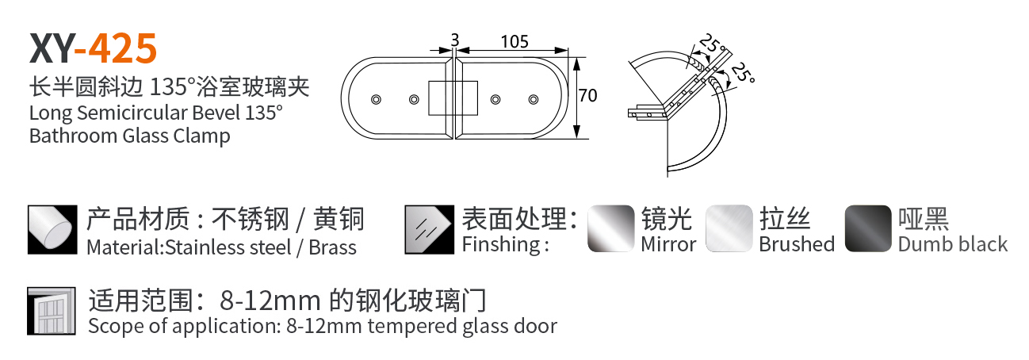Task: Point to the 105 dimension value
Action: coord(514,41)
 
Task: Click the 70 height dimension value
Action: coord(587,96)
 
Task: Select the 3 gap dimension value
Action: coord(454,39)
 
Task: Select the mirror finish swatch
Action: coord(611,228)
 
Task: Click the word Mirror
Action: coord(668,244)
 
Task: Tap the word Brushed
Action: coord(796,244)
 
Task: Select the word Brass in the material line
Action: coord(332,247)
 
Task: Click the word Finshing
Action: coord(502,244)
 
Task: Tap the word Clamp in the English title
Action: coord(201,136)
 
